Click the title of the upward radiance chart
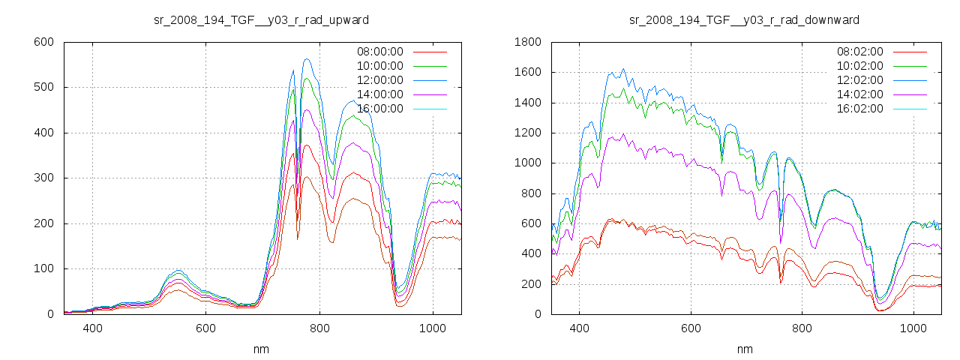261,19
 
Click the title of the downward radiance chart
744,19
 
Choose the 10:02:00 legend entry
859,66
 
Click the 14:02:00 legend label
859,94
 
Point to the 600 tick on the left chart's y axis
43,42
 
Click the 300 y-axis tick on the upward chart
43,178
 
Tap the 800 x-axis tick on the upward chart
319,328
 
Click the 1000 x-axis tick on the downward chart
913,328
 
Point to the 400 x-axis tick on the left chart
93,328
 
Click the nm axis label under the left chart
261,349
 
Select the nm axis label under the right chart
744,349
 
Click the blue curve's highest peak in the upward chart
307,59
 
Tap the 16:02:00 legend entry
859,109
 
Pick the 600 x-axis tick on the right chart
691,328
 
